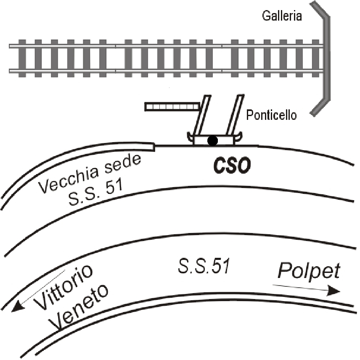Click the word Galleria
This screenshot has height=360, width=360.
pyautogui.click(x=282, y=16)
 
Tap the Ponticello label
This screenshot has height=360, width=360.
pyautogui.click(x=271, y=115)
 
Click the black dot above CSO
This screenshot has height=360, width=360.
pyautogui.click(x=212, y=140)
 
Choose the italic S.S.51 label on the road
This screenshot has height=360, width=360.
pyautogui.click(x=204, y=266)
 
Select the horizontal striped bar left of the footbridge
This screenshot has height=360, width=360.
pyautogui.click(x=172, y=107)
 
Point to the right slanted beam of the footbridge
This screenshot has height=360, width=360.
pyautogui.click(x=235, y=115)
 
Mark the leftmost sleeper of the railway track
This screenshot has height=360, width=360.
pyautogui.click(x=22, y=58)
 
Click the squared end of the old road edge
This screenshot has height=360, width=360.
pyautogui.click(x=154, y=147)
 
